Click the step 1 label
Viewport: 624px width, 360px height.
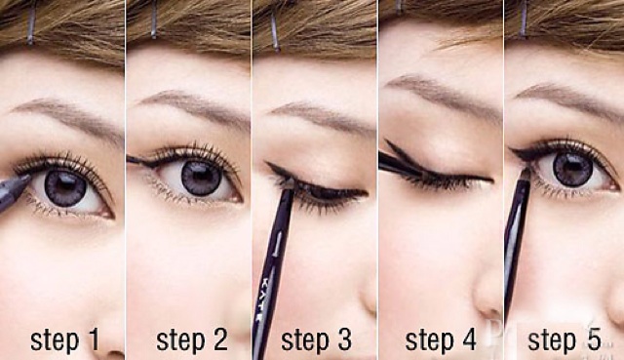tap(65, 340)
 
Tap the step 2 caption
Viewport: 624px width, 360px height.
tap(192, 340)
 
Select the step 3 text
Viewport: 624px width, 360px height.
tap(316, 340)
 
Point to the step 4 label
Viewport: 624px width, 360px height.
tap(441, 340)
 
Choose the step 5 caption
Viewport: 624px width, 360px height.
tap(565, 340)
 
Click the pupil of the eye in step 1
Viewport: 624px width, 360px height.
tap(65, 187)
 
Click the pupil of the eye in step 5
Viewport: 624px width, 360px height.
tap(572, 168)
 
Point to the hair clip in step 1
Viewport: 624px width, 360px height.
tap(30, 21)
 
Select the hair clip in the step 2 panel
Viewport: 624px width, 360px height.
tap(154, 20)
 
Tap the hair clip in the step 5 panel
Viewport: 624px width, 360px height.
tap(524, 18)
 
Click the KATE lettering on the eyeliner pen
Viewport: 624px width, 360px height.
tap(263, 296)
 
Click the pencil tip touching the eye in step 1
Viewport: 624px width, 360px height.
tap(26, 178)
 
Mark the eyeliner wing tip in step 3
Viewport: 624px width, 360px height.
tap(267, 163)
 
